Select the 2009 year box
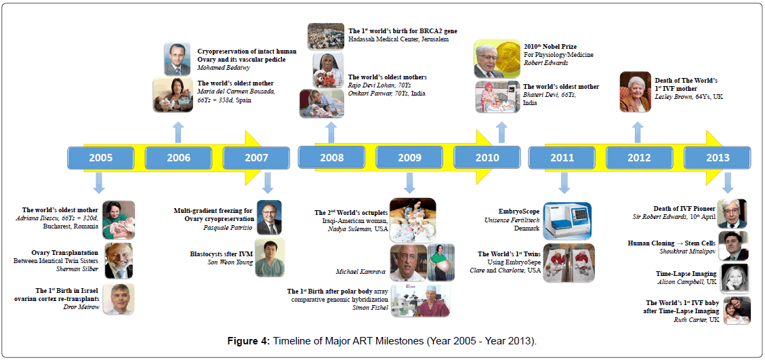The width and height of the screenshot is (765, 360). [409, 158]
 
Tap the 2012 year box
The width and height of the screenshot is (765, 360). [639, 158]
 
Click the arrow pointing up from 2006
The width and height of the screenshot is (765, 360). [178, 132]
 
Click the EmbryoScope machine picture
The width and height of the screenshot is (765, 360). [567, 220]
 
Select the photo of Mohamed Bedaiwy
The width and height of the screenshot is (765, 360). [177, 59]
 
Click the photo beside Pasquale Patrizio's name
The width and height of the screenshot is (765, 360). [268, 218]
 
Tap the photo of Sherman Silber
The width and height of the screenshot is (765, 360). [119, 260]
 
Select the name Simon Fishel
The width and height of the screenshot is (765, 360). [369, 307]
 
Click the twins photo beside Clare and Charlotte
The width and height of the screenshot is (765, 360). [568, 262]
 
